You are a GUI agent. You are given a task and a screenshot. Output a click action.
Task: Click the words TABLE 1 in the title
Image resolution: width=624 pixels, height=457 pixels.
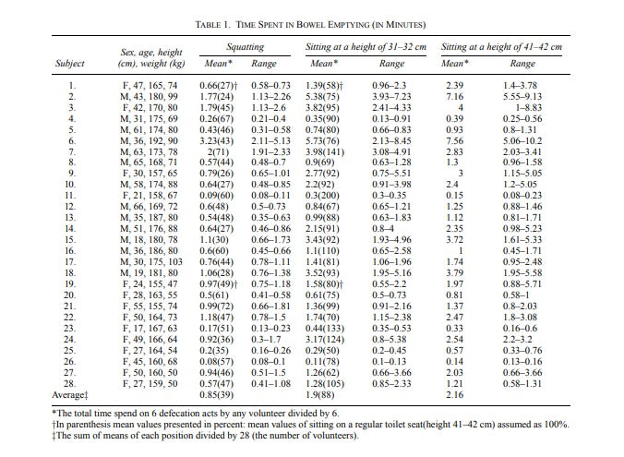pos(213,25)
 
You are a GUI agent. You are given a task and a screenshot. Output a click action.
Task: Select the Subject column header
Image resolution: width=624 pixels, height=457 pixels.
pos(69,64)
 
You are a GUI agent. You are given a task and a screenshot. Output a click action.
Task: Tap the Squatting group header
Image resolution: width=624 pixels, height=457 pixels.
pos(246,47)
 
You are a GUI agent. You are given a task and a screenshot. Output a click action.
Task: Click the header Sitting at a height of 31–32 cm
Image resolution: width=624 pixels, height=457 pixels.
pos(366,47)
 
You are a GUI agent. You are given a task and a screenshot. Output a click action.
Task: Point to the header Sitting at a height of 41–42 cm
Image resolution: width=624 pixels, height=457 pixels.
pos(501,47)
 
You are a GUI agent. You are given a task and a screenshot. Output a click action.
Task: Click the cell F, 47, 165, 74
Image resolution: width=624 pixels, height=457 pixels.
pos(150,86)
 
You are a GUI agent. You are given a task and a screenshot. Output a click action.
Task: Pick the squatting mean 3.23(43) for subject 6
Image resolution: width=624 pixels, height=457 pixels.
pos(217,141)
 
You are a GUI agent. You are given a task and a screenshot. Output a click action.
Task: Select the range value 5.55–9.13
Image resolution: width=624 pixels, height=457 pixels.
pos(522,97)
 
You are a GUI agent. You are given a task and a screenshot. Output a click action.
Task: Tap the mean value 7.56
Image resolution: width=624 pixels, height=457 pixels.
pos(454,141)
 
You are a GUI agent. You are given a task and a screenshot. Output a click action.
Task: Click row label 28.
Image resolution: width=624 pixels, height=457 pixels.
pos(69,384)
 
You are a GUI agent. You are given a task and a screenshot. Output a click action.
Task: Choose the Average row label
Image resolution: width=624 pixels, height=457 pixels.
pos(69,395)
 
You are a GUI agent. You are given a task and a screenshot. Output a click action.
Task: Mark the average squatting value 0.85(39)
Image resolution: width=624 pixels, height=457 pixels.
pos(217,395)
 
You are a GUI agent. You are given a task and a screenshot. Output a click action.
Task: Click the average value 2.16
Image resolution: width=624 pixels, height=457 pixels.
pos(454,395)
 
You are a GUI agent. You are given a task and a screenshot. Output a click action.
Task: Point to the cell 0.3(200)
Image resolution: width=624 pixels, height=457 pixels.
pos(322,196)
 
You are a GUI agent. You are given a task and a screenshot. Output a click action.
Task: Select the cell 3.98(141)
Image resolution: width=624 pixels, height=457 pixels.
pos(325,152)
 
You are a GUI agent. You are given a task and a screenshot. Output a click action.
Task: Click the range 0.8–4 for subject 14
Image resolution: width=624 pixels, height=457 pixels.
pos(383,229)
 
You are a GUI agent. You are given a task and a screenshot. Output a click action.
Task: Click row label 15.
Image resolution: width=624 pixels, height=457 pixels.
pos(69,240)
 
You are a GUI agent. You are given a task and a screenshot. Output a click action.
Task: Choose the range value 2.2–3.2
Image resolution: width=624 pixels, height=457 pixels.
pos(517,340)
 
